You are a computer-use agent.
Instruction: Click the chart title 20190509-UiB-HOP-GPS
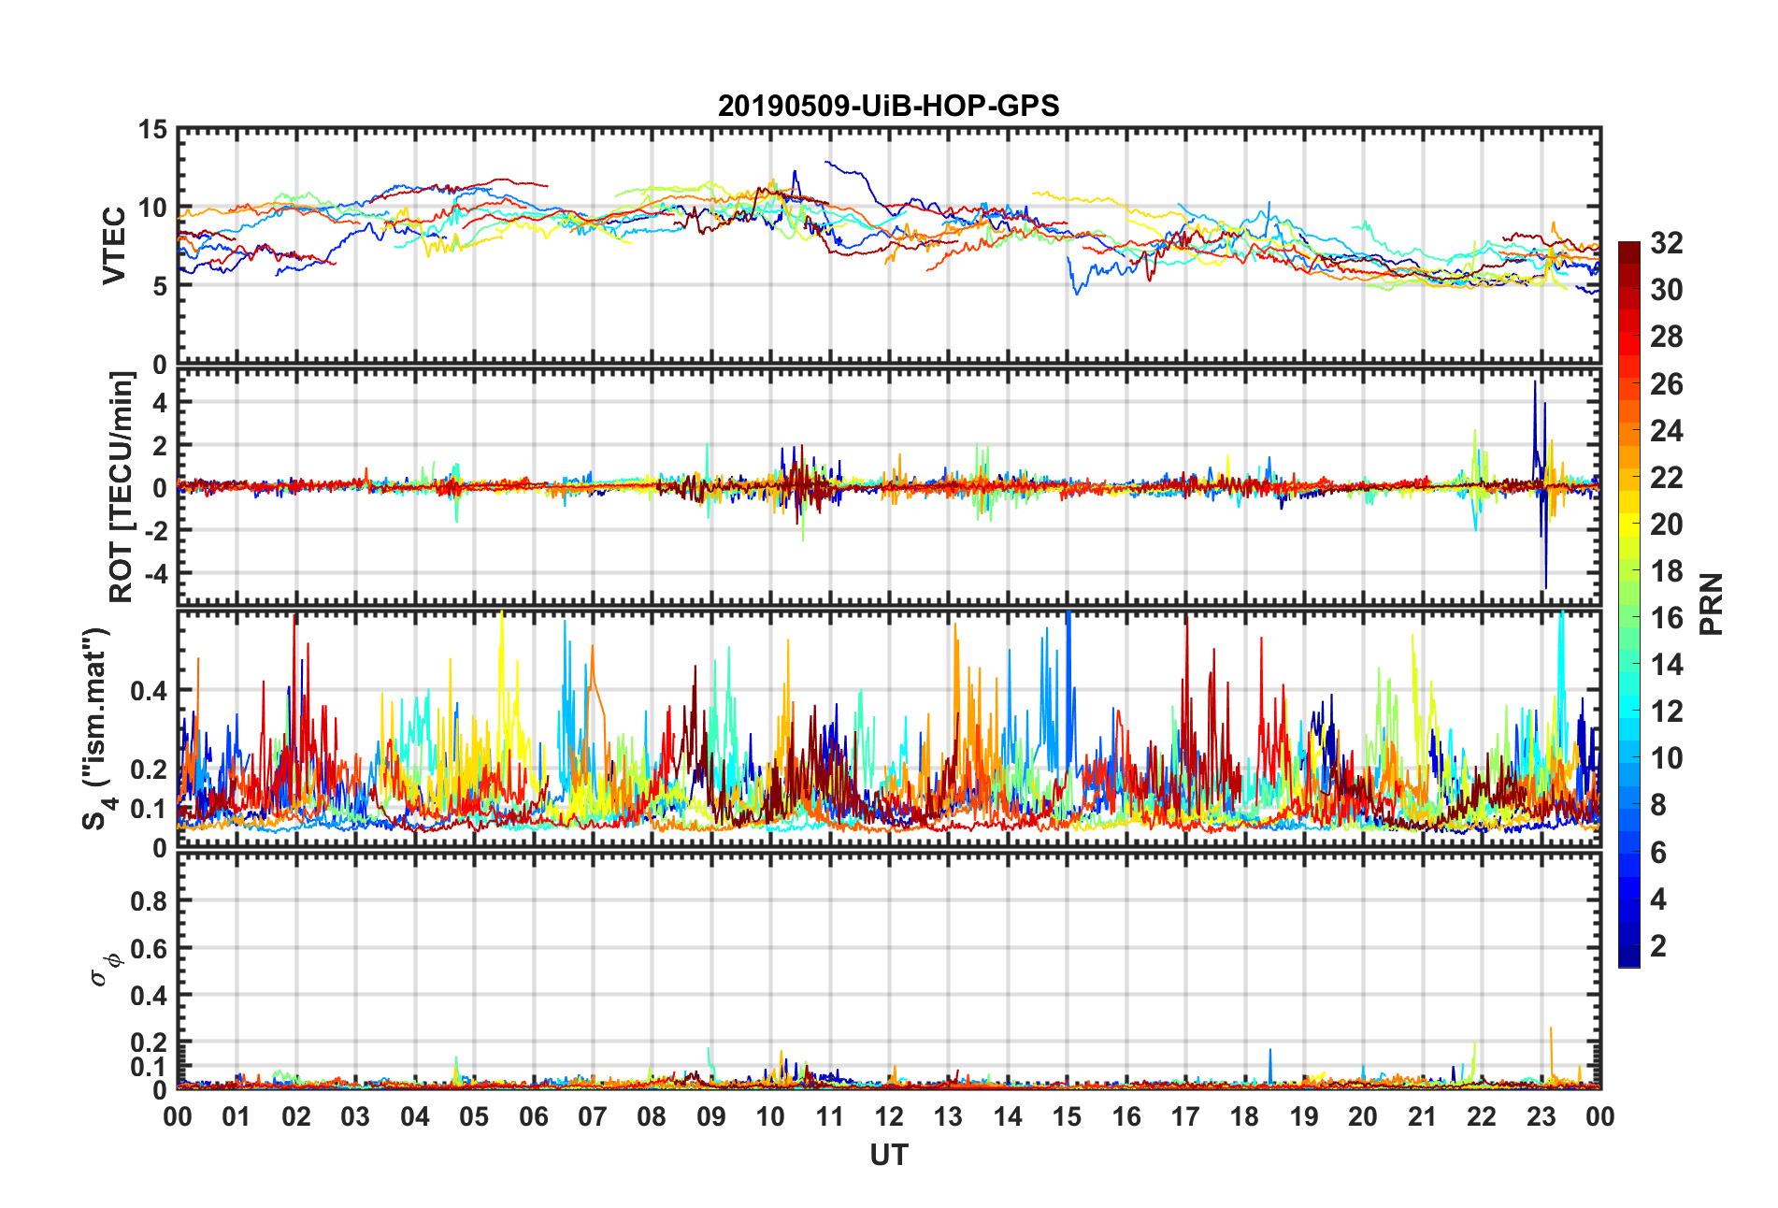[x=888, y=106]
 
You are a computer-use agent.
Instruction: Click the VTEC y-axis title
[x=114, y=246]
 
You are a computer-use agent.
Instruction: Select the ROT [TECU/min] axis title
[x=122, y=486]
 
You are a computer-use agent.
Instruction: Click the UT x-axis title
[x=888, y=1156]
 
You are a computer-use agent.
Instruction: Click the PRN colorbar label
[x=1711, y=604]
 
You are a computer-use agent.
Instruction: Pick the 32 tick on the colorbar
[x=1666, y=243]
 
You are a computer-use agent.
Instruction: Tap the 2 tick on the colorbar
[x=1658, y=946]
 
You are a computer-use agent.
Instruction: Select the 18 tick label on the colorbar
[x=1666, y=571]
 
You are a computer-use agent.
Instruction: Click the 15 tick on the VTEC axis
[x=153, y=130]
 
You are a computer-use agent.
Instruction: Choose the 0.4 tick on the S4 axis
[x=150, y=691]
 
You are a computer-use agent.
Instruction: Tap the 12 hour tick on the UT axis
[x=889, y=1116]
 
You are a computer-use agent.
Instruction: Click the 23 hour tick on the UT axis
[x=1541, y=1116]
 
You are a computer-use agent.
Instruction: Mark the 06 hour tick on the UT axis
[x=534, y=1116]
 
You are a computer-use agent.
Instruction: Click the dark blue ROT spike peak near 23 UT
[x=1534, y=382]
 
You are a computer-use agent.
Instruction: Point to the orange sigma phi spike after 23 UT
[x=1551, y=1029]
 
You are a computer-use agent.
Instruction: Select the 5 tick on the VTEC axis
[x=159, y=286]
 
